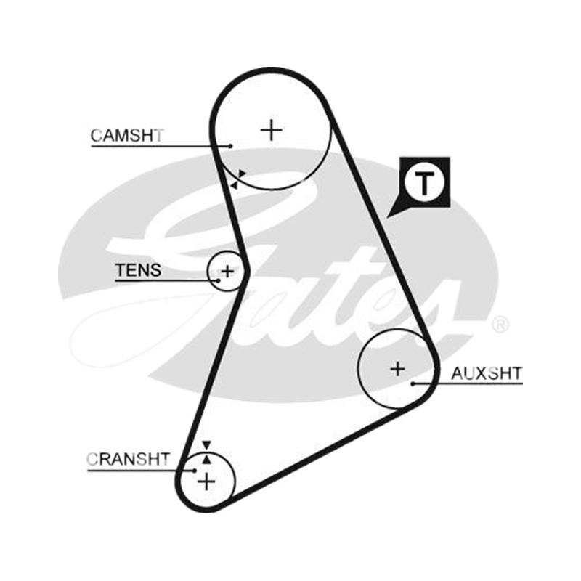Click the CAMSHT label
click(127, 136)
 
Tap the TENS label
click(138, 270)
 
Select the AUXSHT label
click(487, 373)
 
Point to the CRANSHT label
click(129, 460)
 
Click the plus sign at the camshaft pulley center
click(272, 130)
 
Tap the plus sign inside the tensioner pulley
click(227, 272)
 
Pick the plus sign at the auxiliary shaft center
click(397, 369)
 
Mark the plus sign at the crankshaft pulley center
click(206, 482)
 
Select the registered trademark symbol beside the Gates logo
click(500, 325)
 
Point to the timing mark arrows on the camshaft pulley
click(237, 179)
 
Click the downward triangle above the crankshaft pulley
click(206, 445)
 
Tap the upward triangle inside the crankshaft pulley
click(207, 460)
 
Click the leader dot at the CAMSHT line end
click(230, 146)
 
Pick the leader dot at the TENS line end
click(219, 280)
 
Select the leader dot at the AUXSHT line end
click(413, 384)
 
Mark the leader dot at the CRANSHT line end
click(195, 471)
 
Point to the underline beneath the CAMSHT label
click(161, 146)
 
